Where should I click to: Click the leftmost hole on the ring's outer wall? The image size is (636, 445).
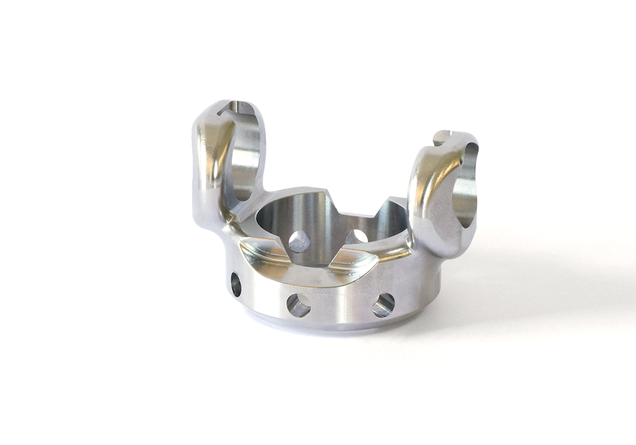236,284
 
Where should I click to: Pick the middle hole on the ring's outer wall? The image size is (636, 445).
298,305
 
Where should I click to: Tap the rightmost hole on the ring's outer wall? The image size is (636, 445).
384,305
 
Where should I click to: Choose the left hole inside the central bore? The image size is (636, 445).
299,241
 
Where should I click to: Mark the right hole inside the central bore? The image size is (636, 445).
356,237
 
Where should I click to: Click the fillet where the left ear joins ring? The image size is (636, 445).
229,222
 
